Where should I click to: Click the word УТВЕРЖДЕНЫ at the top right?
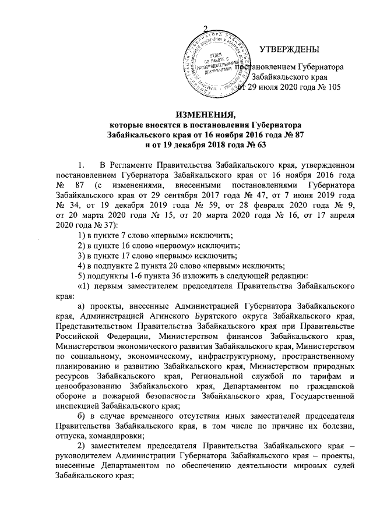pyautogui.click(x=289, y=47)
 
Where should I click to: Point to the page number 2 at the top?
pyautogui.click(x=205, y=30)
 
